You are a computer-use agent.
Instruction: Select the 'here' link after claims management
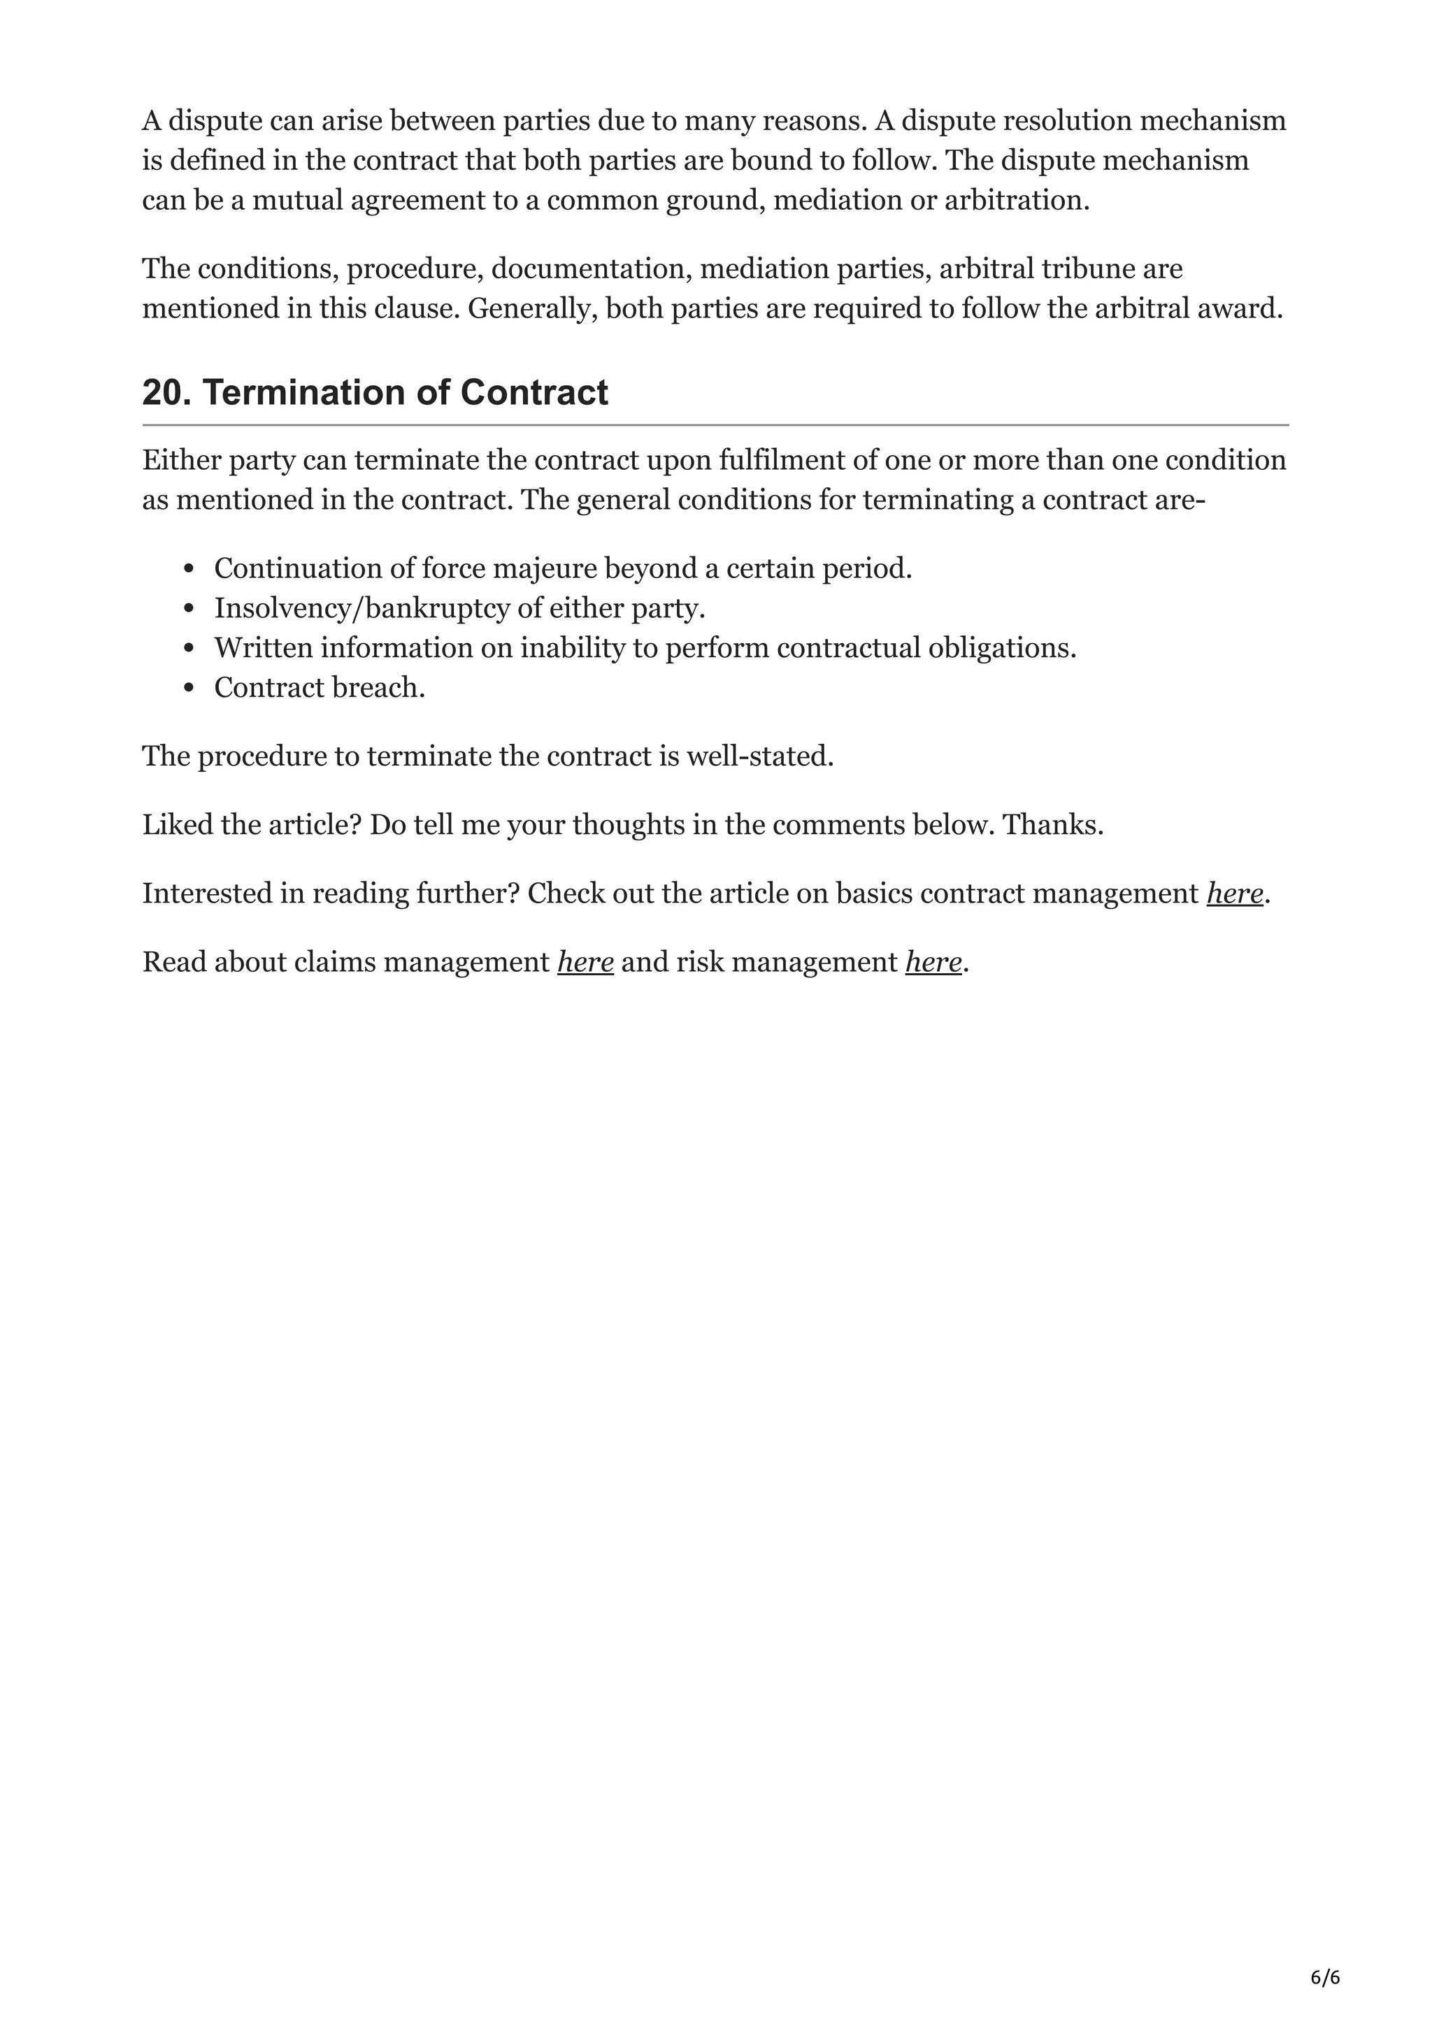point(585,961)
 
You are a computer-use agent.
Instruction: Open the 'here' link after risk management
point(933,961)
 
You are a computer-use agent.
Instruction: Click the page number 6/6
point(1325,1953)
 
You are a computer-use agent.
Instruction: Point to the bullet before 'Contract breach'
point(188,689)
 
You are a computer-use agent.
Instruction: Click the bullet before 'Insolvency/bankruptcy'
point(188,609)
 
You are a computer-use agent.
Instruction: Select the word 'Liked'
point(172,824)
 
